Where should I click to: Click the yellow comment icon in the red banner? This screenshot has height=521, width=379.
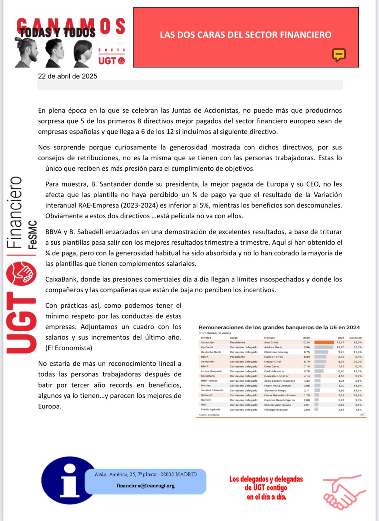[x=339, y=55]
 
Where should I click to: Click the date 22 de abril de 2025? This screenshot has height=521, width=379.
[x=68, y=76]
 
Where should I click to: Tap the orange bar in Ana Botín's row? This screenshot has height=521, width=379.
[x=324, y=342]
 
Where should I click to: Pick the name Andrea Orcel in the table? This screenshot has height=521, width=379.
[x=273, y=347]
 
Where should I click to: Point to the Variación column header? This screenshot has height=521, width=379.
[x=355, y=338]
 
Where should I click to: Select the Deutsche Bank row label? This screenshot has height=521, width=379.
[x=211, y=352]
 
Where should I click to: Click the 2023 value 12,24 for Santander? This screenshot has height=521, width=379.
[x=306, y=342]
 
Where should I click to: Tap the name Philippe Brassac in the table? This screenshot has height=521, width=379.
[x=276, y=410]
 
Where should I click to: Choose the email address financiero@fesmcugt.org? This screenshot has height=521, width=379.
[x=146, y=486]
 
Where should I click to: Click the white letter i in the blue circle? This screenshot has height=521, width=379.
[x=70, y=480]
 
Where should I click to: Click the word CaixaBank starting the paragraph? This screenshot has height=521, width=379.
[x=61, y=279]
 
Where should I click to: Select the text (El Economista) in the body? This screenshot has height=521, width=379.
[x=69, y=348]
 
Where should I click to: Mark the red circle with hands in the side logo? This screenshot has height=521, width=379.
[x=21, y=274]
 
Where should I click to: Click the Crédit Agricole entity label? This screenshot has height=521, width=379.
[x=210, y=410]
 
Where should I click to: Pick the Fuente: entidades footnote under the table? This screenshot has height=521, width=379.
[x=209, y=415]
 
